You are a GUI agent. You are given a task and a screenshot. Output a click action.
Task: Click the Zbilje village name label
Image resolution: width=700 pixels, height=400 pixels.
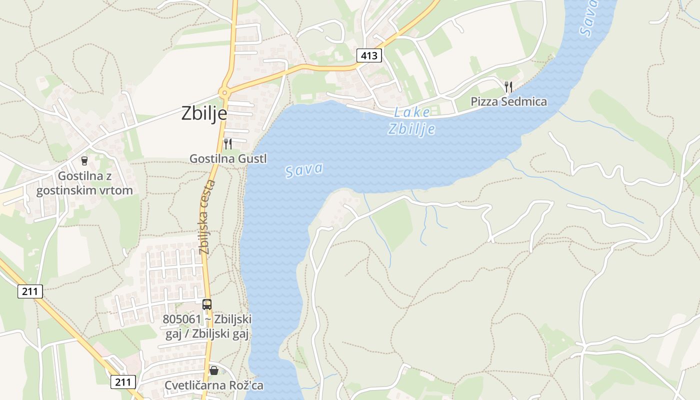(x=204, y=113)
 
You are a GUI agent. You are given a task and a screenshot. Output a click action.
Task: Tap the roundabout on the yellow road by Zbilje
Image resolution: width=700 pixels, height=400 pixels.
(x=223, y=92)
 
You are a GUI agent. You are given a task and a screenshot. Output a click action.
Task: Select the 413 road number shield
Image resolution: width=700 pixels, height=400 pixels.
(x=369, y=55)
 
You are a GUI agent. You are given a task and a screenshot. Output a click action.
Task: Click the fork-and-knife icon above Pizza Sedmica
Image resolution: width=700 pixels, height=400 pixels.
(x=508, y=87)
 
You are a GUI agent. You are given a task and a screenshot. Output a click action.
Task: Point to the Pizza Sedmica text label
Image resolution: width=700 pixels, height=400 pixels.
(x=508, y=101)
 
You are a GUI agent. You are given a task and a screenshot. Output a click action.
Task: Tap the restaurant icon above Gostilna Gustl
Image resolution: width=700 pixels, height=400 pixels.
(x=227, y=144)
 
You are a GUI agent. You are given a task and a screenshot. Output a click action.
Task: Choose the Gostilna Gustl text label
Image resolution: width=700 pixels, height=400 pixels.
(x=228, y=158)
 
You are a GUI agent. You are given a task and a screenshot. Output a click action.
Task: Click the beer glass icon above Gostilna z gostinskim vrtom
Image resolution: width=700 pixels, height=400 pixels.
(x=84, y=160)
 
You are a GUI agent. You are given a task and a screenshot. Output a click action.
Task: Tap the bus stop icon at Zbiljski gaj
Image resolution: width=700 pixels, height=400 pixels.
(x=206, y=304)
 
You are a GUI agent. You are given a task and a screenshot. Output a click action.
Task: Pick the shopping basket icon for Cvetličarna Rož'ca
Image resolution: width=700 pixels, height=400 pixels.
(x=214, y=370)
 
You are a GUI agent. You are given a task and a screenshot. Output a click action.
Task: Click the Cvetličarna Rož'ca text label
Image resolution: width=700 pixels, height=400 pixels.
(x=214, y=385)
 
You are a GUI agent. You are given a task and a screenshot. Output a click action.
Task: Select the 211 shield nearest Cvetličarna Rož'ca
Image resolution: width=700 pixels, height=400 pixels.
(x=123, y=382)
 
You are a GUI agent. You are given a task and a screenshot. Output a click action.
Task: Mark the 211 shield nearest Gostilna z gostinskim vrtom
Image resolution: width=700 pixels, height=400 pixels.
(x=30, y=291)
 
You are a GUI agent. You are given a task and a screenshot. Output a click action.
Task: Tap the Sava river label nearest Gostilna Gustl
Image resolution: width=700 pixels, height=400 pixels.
(x=304, y=170)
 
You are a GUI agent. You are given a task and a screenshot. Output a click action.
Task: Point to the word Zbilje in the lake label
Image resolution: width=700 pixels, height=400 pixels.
(x=411, y=129)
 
